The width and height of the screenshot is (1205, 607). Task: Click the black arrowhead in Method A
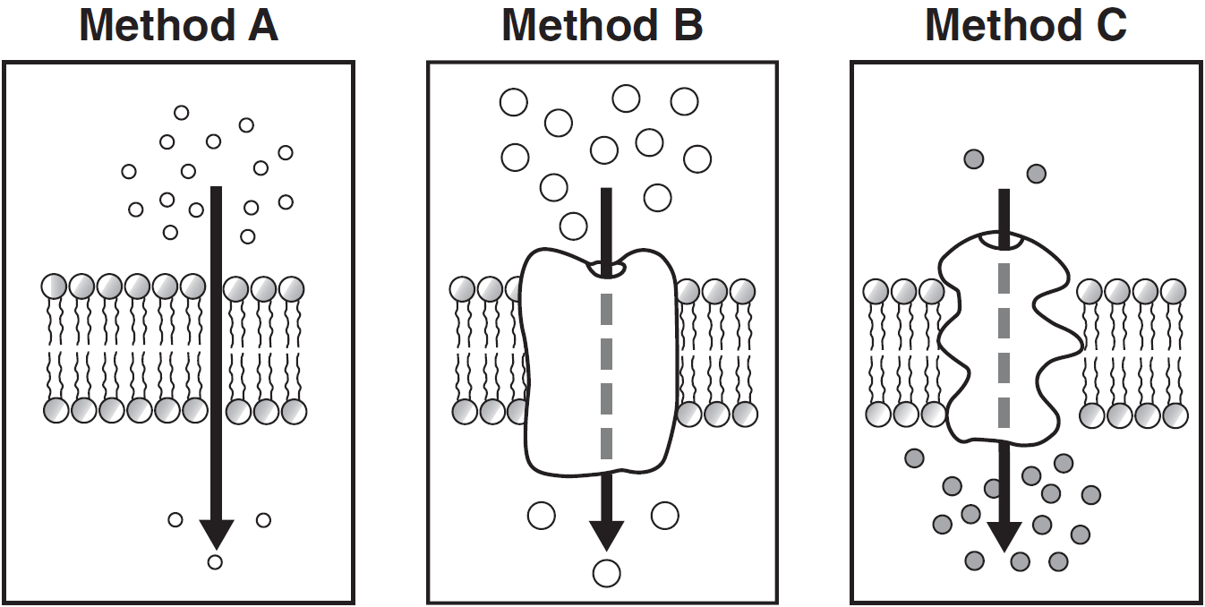216,534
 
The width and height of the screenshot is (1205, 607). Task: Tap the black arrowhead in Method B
607,535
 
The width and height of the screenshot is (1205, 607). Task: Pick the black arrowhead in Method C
1004,536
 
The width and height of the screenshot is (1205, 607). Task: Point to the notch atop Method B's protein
607,268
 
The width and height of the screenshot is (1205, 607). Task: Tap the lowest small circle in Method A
215,562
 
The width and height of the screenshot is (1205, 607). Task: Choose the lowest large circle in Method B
607,573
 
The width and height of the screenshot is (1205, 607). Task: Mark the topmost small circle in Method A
182,113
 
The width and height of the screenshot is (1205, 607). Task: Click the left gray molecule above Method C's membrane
974,159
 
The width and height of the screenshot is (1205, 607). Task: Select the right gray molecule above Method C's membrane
1036,173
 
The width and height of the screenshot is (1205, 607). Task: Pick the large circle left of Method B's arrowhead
542,515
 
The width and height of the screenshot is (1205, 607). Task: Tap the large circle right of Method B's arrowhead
664,515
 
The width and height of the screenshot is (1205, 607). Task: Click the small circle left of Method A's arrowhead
175,520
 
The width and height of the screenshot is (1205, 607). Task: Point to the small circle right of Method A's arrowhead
263,520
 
